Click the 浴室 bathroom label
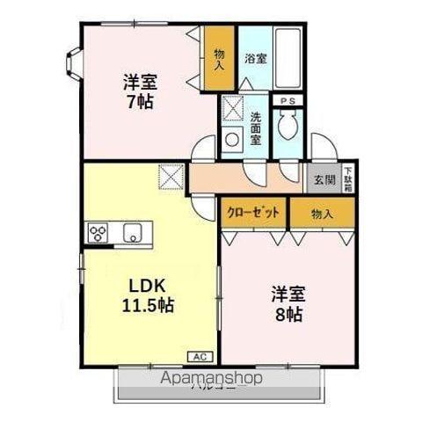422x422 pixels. tap(255, 59)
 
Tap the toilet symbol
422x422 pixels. tap(287, 129)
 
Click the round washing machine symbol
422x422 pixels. tap(233, 137)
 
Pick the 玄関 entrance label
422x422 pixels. tap(323, 180)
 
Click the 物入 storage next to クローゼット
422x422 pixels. tap(322, 214)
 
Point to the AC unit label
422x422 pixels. tap(199, 356)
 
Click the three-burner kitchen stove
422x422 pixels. tap(98, 234)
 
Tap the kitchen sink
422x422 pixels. tap(134, 234)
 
